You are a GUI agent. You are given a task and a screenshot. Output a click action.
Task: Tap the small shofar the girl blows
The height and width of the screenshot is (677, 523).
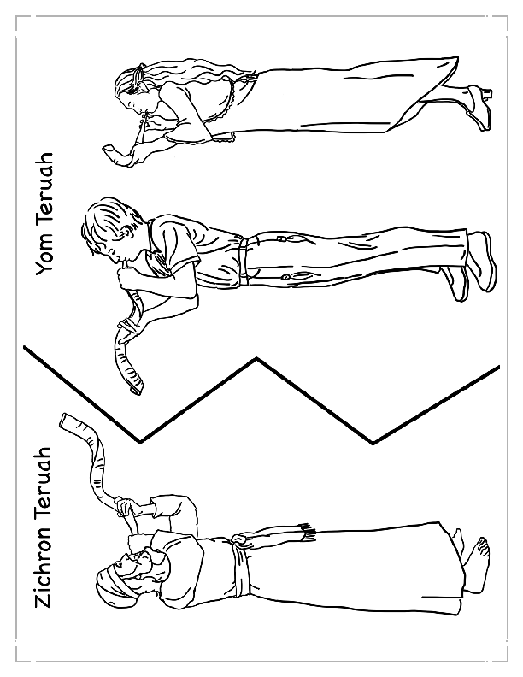[116, 153]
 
